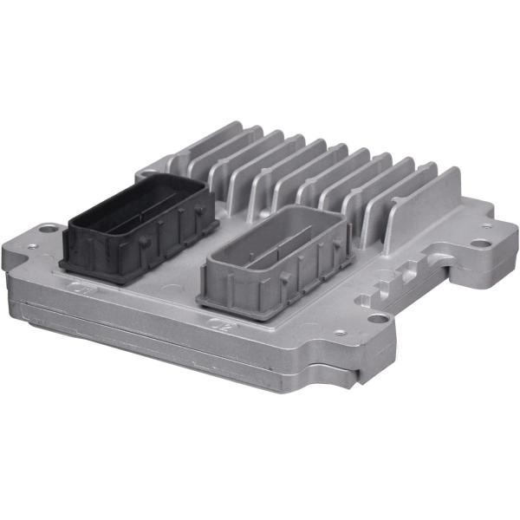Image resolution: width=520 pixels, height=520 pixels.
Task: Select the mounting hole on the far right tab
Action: coord(479,243)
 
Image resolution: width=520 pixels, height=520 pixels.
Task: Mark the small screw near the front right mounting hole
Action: coord(340,332)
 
